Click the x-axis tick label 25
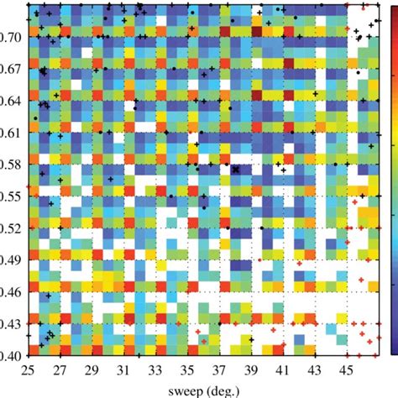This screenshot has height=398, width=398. pos(28,368)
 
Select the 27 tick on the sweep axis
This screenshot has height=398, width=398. pos(60,368)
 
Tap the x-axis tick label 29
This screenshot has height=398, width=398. pos(92,368)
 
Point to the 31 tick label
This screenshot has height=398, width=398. pos(123,368)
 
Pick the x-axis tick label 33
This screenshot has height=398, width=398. pos(155,368)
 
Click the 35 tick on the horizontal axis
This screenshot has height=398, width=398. pos(187,368)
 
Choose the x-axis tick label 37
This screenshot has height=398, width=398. pos(219,368)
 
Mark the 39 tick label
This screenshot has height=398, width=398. pos(251,368)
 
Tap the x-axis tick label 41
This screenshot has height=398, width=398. pos(283,368)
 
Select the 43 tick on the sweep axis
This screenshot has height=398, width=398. pos(315,368)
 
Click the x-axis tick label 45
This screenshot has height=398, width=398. pos(347,368)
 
